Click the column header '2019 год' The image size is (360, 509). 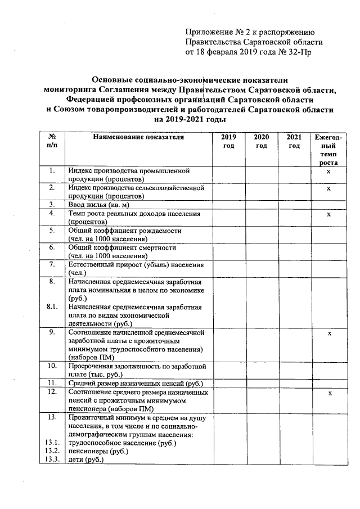click(228, 141)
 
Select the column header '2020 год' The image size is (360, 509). click(261, 141)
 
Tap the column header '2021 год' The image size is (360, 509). click(294, 141)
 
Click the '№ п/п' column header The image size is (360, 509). click(52, 141)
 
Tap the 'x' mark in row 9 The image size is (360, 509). click(330, 334)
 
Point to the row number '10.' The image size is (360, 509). click(52, 366)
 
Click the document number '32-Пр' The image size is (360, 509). click(300, 52)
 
